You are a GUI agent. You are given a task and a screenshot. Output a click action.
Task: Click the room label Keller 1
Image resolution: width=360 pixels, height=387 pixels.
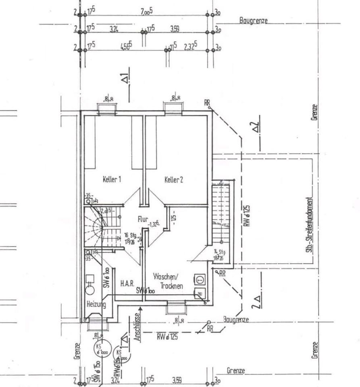pyautogui.click(x=112, y=180)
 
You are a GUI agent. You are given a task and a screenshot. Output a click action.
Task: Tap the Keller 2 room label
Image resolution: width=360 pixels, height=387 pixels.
pyautogui.click(x=174, y=180)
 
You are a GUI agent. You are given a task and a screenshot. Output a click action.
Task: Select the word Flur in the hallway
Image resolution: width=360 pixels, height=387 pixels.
pyautogui.click(x=143, y=219)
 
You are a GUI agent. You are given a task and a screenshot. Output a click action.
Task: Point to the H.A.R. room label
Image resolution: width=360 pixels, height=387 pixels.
pyautogui.click(x=127, y=284)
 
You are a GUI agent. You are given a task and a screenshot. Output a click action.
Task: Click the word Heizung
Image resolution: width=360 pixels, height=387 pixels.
pyautogui.click(x=96, y=304)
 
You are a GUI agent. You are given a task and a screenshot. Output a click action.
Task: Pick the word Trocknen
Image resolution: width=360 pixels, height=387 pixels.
pyautogui.click(x=172, y=286)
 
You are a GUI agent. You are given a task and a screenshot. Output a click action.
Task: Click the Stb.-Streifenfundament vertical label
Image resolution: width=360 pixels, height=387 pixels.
pyautogui.click(x=309, y=226)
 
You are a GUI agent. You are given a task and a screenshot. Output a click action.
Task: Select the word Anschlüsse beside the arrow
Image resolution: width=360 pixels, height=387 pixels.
pyautogui.click(x=137, y=327)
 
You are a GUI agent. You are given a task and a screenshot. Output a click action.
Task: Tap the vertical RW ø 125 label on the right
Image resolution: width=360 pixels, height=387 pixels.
pyautogui.click(x=247, y=215)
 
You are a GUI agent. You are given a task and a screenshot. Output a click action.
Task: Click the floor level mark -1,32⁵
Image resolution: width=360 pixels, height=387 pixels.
pyautogui.click(x=154, y=224)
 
